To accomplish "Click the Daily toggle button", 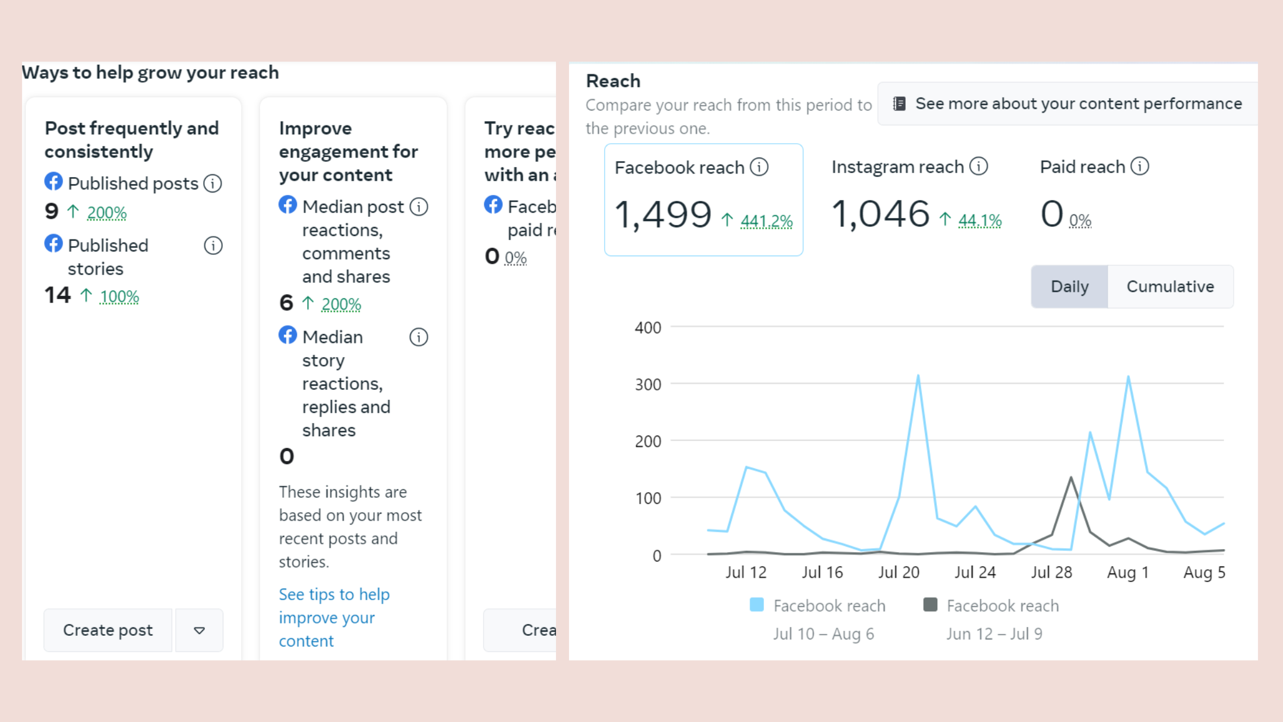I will pos(1069,286).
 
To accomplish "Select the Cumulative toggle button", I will pos(1170,286).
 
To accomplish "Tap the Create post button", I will pos(108,630).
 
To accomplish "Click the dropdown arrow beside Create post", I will pos(200,630).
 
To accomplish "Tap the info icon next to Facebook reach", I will pos(759,167).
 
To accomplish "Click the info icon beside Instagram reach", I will pos(979,166).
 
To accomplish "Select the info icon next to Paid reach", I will pos(1139,166).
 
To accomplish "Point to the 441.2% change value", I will pos(766,221).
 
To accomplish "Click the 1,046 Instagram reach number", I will pos(880,214).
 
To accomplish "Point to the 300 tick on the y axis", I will pos(648,384).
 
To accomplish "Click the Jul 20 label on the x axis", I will pos(899,572).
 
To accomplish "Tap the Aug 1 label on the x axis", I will pos(1128,572).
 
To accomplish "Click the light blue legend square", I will pos(757,605).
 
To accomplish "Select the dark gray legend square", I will pos(930,605).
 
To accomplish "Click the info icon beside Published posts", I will pos(213,183).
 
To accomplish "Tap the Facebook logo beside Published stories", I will pos(53,243).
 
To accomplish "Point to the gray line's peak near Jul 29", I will pos(1071,477).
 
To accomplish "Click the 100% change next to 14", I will pos(119,297).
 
